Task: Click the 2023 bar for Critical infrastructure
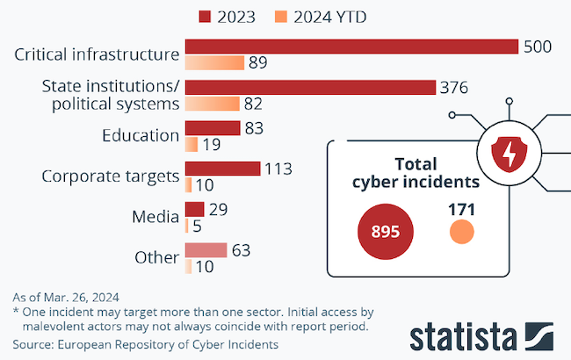351,47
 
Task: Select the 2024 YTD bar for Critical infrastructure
214,63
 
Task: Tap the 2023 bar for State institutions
310,87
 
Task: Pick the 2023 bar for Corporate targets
222,168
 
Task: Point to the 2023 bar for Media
194,209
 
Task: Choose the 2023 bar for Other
206,250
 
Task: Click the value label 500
537,47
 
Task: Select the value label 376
454,87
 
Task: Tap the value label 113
278,168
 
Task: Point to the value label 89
258,63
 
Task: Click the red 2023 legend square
206,16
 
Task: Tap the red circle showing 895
384,232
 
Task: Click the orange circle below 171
461,232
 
